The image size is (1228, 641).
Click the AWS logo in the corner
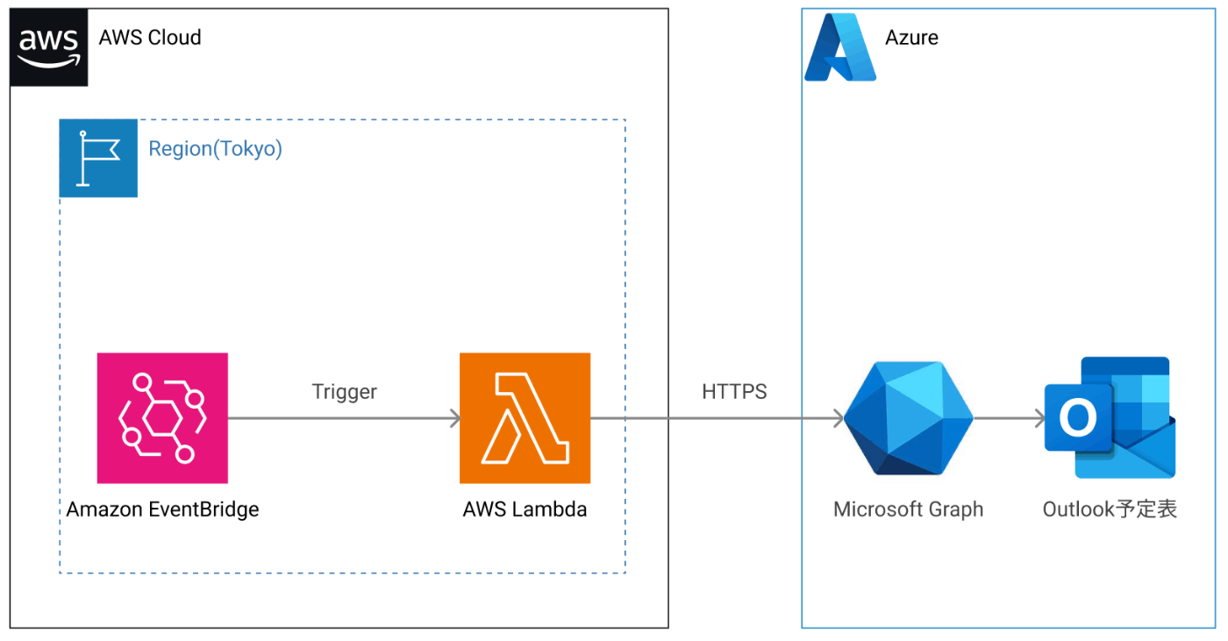tap(49, 47)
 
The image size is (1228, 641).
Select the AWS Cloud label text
tap(150, 38)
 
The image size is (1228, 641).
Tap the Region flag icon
tap(98, 158)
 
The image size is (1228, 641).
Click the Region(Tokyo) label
tap(215, 149)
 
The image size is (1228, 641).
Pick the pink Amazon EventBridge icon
tap(162, 418)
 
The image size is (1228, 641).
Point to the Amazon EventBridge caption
tap(162, 509)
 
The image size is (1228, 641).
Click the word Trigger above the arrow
tap(344, 392)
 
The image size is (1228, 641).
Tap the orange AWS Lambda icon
tap(525, 418)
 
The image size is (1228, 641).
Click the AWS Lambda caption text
tap(525, 509)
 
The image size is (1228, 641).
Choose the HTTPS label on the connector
tap(734, 392)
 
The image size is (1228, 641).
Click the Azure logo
tap(839, 48)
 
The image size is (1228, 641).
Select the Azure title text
tap(911, 38)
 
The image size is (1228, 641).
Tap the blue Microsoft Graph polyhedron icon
tap(908, 418)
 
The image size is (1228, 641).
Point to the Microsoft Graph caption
tap(908, 509)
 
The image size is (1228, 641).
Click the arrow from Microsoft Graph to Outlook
tap(1010, 418)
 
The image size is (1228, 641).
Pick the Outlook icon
tap(1110, 417)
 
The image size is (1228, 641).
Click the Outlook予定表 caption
tap(1110, 509)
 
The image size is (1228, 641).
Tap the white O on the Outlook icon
tap(1078, 418)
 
